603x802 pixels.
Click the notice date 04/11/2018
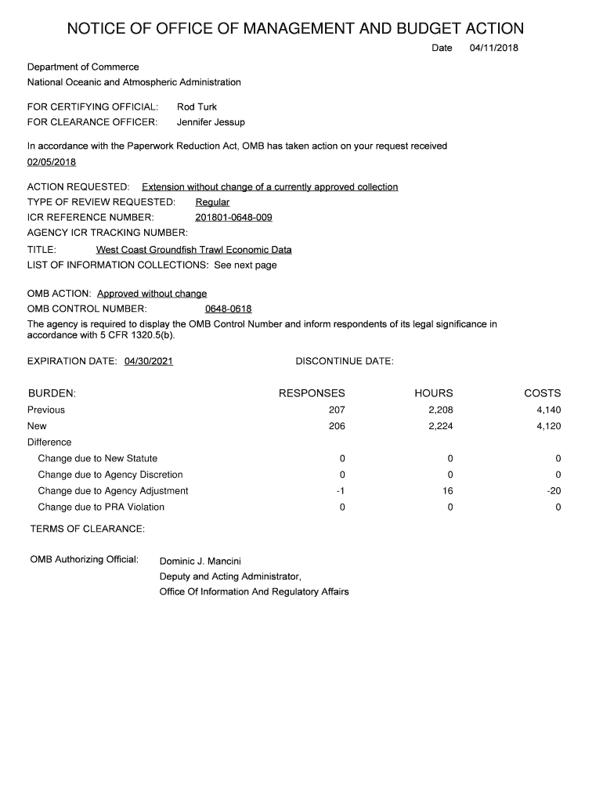pyautogui.click(x=494, y=49)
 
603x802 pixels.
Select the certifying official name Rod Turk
pyautogui.click(x=197, y=107)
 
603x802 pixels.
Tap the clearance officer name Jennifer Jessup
pyautogui.click(x=211, y=122)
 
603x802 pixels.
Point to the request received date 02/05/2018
pyautogui.click(x=52, y=162)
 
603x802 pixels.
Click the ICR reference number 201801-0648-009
pyautogui.click(x=233, y=218)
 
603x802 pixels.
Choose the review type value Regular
pyautogui.click(x=212, y=202)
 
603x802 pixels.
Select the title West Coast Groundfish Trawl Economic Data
pyautogui.click(x=193, y=250)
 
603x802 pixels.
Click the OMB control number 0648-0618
pyautogui.click(x=228, y=309)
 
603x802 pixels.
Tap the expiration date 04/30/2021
pyautogui.click(x=149, y=361)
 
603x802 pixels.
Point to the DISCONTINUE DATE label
pyautogui.click(x=345, y=361)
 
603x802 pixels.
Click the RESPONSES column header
pyautogui.click(x=312, y=393)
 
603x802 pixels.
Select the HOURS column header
pyautogui.click(x=434, y=393)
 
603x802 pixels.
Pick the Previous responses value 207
pyautogui.click(x=337, y=410)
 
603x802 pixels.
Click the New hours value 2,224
pyautogui.click(x=440, y=426)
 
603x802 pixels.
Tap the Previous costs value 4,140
pyautogui.click(x=548, y=410)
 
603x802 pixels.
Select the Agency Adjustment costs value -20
pyautogui.click(x=554, y=491)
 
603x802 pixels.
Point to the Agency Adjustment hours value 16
pyautogui.click(x=447, y=491)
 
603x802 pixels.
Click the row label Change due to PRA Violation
pyautogui.click(x=101, y=507)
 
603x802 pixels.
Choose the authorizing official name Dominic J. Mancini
pyautogui.click(x=200, y=561)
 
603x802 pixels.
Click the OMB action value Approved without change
pyautogui.click(x=152, y=294)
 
